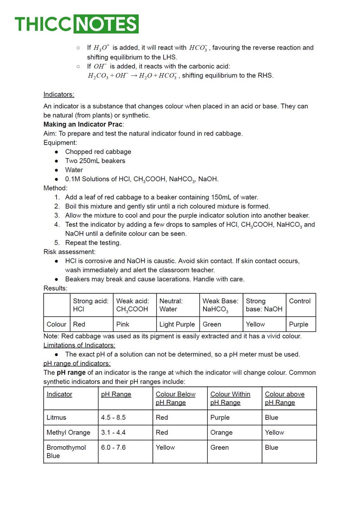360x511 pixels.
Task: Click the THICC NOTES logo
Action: tap(76, 24)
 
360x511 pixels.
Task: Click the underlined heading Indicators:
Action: tap(59, 94)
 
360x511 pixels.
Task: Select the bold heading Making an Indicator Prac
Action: tap(83, 124)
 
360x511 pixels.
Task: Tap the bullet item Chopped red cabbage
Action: tap(98, 151)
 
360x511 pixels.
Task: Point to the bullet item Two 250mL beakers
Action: tap(95, 161)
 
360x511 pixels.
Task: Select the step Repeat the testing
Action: tap(93, 243)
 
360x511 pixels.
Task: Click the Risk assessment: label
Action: tap(69, 252)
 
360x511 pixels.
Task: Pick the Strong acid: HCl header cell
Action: tap(91, 305)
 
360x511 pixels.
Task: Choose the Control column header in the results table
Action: tap(300, 301)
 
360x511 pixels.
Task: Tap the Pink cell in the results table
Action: tap(123, 324)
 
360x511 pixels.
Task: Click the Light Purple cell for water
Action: tap(177, 324)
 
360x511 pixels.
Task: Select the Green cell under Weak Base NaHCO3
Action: tap(212, 324)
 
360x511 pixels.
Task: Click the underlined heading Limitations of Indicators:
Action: tap(79, 345)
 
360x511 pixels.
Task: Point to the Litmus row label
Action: tap(56, 417)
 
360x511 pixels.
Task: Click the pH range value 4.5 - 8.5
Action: tap(113, 417)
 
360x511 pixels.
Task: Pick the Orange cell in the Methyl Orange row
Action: tap(221, 432)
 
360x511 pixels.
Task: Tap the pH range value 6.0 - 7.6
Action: tap(113, 447)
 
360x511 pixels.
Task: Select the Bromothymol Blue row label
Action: tap(66, 451)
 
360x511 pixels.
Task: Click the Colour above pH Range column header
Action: tap(285, 398)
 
